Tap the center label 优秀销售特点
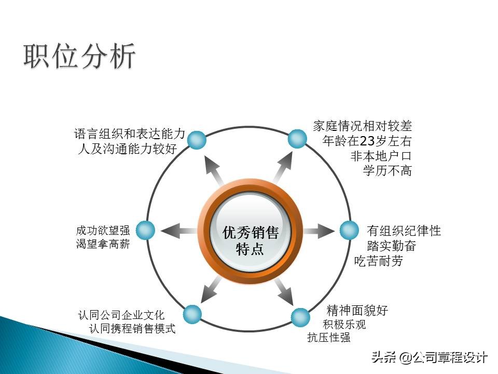click(251, 241)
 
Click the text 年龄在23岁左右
click(367, 141)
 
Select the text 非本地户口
click(381, 156)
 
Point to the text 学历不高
click(388, 170)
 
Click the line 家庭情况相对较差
click(363, 126)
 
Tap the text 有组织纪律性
click(404, 231)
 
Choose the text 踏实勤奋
click(391, 246)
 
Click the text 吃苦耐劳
click(379, 261)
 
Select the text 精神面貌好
click(357, 311)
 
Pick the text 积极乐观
click(344, 325)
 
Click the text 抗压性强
click(329, 338)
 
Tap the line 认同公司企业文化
click(121, 315)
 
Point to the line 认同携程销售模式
click(132, 328)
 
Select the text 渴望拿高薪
click(103, 244)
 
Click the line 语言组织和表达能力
click(130, 134)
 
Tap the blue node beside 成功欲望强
click(146, 231)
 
